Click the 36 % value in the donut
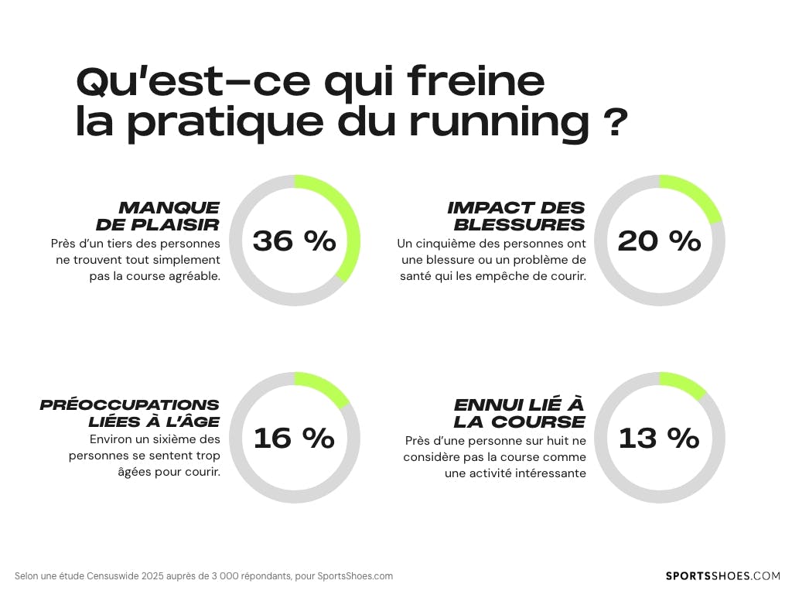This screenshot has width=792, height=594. pyautogui.click(x=295, y=241)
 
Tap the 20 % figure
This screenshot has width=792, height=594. pyautogui.click(x=659, y=241)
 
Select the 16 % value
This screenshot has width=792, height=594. pyautogui.click(x=294, y=439)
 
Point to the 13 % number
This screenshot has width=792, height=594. pyautogui.click(x=659, y=439)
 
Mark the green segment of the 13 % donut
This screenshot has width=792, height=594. pyautogui.click(x=685, y=382)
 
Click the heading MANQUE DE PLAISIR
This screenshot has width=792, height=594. pyautogui.click(x=159, y=216)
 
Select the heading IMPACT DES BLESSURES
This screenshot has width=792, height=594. pyautogui.click(x=516, y=216)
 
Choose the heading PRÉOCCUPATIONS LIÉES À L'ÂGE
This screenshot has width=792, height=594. pyautogui.click(x=130, y=413)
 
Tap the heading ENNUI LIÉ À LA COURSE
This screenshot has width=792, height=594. pyautogui.click(x=519, y=413)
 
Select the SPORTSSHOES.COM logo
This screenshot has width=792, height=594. pyautogui.click(x=723, y=575)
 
